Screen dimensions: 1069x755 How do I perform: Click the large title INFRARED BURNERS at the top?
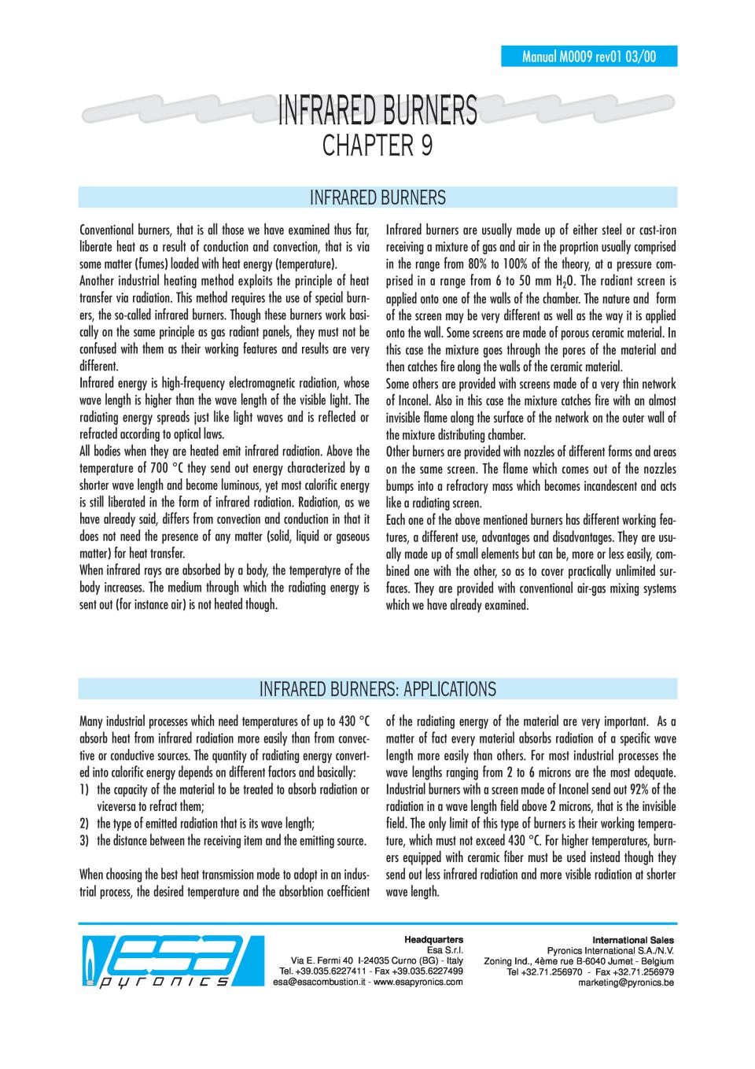click(377, 111)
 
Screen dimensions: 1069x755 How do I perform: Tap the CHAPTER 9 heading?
click(377, 146)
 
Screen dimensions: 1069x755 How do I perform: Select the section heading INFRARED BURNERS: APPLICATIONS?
click(377, 690)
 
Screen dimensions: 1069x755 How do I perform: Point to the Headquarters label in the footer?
click(433, 939)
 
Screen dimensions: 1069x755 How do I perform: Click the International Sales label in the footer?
click(638, 939)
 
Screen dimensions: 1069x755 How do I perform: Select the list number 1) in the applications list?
click(84, 790)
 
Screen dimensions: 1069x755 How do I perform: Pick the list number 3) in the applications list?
click(84, 841)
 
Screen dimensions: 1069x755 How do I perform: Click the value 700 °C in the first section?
click(174, 469)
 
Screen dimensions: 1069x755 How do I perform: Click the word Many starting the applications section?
click(91, 721)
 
